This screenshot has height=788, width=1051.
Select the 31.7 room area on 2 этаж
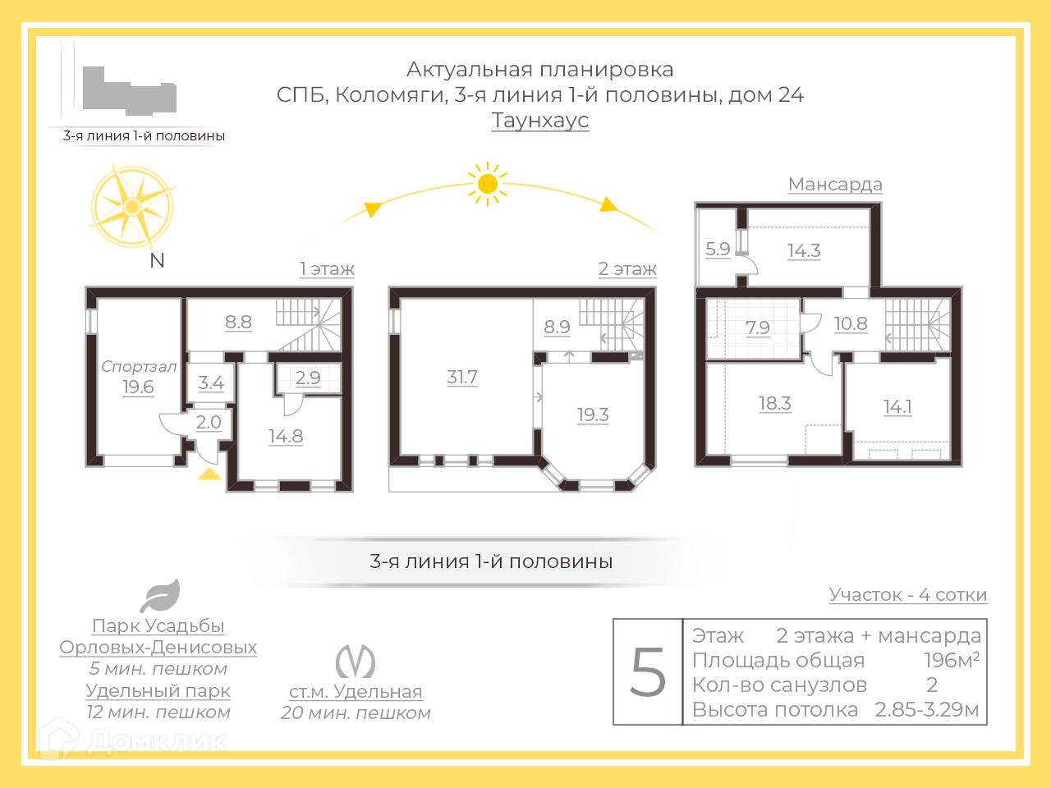pyautogui.click(x=462, y=378)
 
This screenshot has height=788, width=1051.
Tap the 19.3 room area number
pyautogui.click(x=593, y=415)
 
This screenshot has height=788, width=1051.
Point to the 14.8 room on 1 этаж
pyautogui.click(x=286, y=436)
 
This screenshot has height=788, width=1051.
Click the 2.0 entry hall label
pyautogui.click(x=209, y=422)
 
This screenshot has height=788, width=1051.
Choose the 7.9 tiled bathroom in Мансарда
pyautogui.click(x=757, y=328)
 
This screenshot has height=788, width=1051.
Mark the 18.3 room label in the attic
pyautogui.click(x=774, y=403)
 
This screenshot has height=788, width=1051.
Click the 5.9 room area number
pyautogui.click(x=718, y=248)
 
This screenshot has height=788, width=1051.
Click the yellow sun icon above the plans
pyautogui.click(x=487, y=184)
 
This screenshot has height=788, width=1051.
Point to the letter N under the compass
pyautogui.click(x=157, y=261)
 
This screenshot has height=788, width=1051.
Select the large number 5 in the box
pyautogui.click(x=648, y=672)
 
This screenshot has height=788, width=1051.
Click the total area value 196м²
pyautogui.click(x=951, y=661)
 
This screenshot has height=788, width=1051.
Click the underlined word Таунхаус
pyautogui.click(x=540, y=121)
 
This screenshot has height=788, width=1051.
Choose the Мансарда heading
pyautogui.click(x=835, y=184)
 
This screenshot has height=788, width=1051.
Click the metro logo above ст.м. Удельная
pyautogui.click(x=356, y=662)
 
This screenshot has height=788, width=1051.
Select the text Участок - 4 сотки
pyautogui.click(x=907, y=594)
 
